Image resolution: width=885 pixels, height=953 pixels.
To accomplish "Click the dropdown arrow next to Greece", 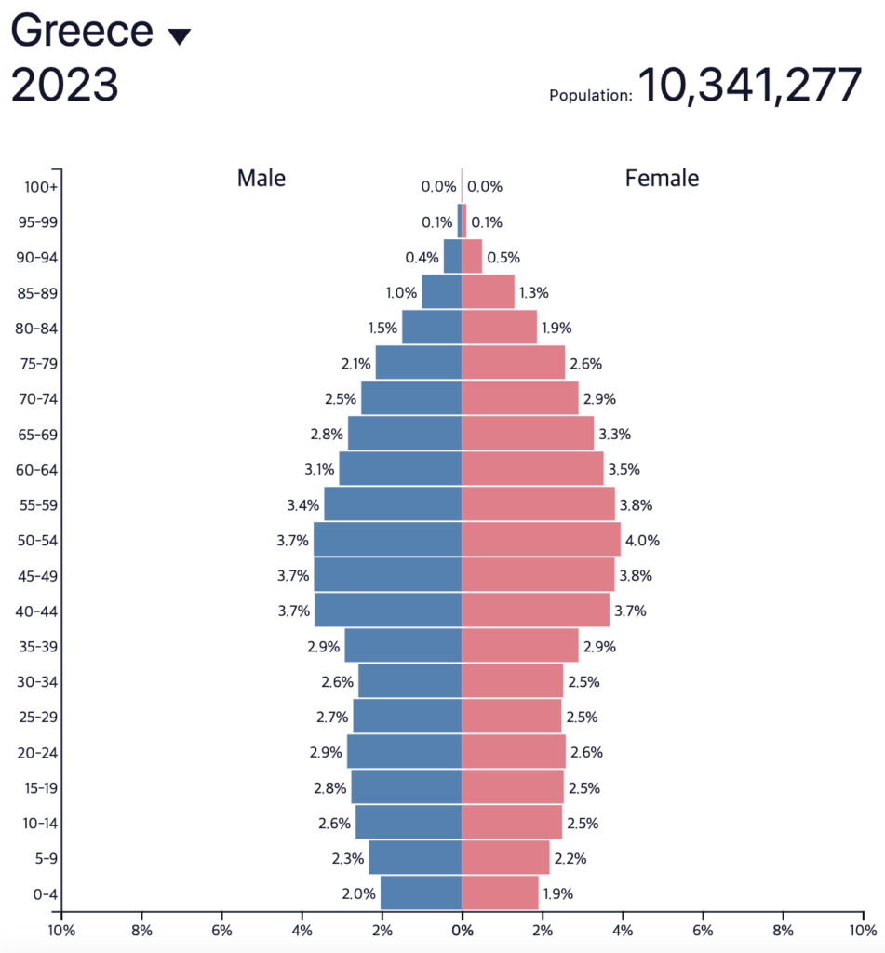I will pos(179,37).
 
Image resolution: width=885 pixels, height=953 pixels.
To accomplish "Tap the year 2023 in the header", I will pos(64,86).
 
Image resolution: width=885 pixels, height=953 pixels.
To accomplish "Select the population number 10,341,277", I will pos(749,86).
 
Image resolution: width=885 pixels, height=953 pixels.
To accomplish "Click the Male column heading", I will pos(261,178).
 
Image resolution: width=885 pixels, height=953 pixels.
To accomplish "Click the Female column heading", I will pos(662,178).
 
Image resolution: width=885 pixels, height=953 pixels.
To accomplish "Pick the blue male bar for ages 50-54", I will pos(387,540).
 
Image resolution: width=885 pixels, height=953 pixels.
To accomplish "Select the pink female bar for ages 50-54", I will pos(541,540).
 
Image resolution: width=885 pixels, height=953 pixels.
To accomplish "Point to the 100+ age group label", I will pos(42,187).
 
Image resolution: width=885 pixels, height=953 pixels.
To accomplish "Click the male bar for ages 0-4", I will pos(421,893).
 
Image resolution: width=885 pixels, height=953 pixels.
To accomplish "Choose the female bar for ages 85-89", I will pos(488,292).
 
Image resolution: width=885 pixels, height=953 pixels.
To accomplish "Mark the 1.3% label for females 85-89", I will pos(534,293).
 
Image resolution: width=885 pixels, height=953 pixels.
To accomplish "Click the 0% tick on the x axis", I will pos(462,929).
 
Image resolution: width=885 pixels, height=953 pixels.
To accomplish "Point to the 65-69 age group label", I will pos(37,435).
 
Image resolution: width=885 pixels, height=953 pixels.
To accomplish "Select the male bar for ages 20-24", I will pos(404,752).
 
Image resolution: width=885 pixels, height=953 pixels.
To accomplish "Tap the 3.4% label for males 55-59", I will pos(305,505).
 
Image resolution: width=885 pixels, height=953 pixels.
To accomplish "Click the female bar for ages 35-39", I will pos(519,646).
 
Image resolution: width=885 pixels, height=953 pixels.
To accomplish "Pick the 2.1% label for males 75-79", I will pos(356,364).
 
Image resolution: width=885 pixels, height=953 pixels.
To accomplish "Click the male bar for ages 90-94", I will pos(452,257).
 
